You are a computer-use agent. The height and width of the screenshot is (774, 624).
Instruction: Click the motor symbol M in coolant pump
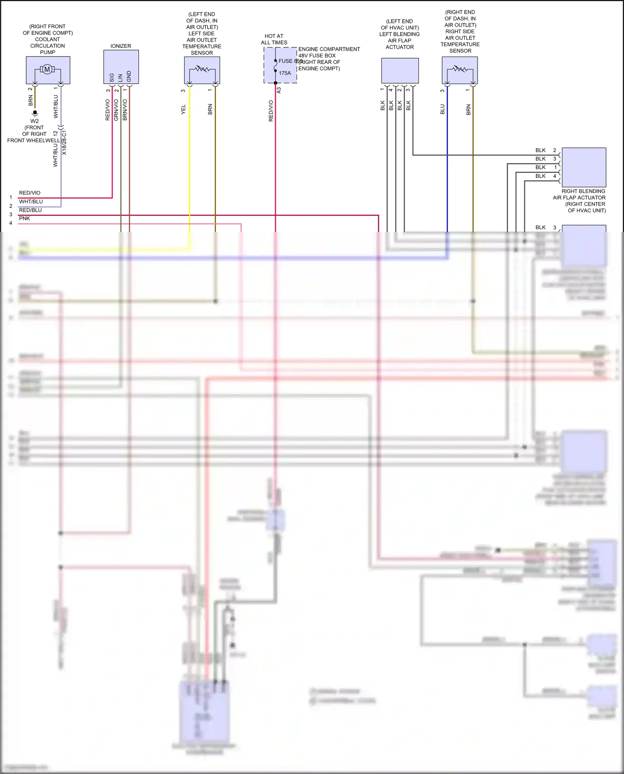click(x=47, y=69)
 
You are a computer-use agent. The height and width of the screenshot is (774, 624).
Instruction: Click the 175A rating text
click(x=285, y=73)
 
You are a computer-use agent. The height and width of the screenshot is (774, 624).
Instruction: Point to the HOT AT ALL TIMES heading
click(x=274, y=39)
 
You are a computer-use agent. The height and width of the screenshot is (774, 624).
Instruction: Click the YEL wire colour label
click(x=183, y=110)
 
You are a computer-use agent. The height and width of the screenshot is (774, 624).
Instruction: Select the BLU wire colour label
click(x=443, y=109)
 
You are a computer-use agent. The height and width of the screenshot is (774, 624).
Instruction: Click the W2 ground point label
click(x=35, y=121)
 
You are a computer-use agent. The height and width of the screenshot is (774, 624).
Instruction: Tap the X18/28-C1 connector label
click(x=64, y=143)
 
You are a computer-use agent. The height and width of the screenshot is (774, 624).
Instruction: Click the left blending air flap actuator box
click(x=400, y=71)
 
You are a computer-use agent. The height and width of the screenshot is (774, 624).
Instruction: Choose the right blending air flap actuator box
click(x=584, y=167)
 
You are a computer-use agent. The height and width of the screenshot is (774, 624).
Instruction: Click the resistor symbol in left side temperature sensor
click(x=202, y=69)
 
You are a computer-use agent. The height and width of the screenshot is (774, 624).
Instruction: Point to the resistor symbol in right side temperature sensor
click(x=460, y=69)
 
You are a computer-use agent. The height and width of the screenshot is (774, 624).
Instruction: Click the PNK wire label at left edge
click(x=25, y=219)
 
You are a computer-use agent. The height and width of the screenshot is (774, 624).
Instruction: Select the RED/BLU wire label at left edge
click(x=30, y=210)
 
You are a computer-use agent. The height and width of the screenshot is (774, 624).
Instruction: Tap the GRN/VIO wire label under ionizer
click(x=116, y=110)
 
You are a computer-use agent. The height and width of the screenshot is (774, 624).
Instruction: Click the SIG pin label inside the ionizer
click(x=112, y=78)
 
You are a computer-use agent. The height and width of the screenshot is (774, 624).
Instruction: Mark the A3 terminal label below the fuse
click(x=279, y=90)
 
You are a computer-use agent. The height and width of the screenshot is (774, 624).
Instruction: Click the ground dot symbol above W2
click(x=35, y=112)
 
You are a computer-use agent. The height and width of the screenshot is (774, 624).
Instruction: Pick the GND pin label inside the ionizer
click(x=129, y=77)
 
